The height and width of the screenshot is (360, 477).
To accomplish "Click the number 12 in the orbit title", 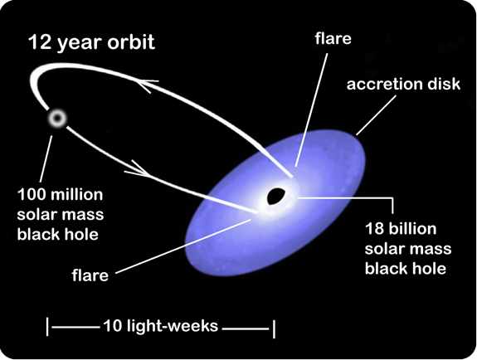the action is click(40, 42).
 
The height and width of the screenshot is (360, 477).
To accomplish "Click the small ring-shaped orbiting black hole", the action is click(57, 118).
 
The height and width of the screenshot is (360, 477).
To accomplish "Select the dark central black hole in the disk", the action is click(275, 196).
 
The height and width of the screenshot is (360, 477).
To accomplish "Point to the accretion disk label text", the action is click(403, 84).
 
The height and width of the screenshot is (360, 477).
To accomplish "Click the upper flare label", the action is click(333, 39).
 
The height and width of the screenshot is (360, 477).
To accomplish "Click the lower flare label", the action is click(90, 275).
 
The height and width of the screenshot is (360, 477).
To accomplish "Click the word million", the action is click(78, 195).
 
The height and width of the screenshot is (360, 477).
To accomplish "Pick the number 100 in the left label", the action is click(32, 195).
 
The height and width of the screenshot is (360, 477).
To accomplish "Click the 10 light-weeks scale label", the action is click(161, 326).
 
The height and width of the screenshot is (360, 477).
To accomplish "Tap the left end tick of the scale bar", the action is click(47, 327).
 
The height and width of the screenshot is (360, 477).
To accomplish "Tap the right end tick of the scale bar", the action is click(274, 328).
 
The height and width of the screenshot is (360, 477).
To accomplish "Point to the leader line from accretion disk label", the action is click(377, 115).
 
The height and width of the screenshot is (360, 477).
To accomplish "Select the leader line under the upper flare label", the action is click(311, 110).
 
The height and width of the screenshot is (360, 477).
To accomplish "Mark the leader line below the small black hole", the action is click(46, 159).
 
